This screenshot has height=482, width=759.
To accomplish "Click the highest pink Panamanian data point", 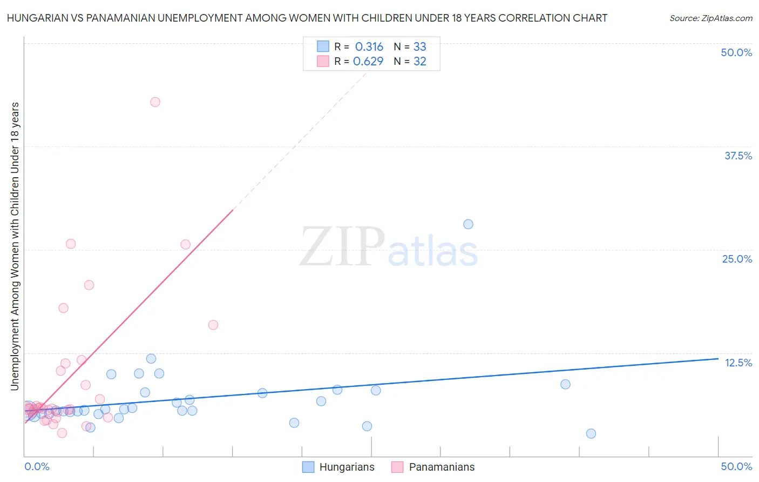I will coord(155,102).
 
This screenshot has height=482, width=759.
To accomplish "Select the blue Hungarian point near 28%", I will coord(468,224).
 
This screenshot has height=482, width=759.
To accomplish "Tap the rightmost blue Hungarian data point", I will coord(591,433).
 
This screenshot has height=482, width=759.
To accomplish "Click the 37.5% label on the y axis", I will coord(738,156).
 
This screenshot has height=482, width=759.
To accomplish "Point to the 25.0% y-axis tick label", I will coord(737,259).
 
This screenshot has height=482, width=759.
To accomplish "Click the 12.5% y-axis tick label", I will coord(738,363).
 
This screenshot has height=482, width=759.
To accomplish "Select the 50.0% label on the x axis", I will coord(736,466).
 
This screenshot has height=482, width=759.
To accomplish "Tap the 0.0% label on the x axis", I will coord(37,466).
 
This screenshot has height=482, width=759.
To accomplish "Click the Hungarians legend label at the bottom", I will coord(347,467).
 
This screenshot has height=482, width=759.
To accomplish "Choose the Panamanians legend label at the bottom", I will coord(442,467).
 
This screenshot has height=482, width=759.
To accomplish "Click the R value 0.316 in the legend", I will coord(369,46).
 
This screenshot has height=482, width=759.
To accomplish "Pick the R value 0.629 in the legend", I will coord(368,61).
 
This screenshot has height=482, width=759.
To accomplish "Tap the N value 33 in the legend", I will coord(419,46).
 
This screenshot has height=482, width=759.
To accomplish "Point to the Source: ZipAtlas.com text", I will coord(710,18).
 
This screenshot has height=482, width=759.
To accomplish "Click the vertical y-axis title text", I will coord(15,246).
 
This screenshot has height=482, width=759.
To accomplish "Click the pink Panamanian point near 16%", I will coord(213,325).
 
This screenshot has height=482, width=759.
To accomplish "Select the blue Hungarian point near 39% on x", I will coord(565,384).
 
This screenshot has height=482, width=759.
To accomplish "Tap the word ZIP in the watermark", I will coord(342,247).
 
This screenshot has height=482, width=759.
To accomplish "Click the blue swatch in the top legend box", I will coord(323,46).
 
